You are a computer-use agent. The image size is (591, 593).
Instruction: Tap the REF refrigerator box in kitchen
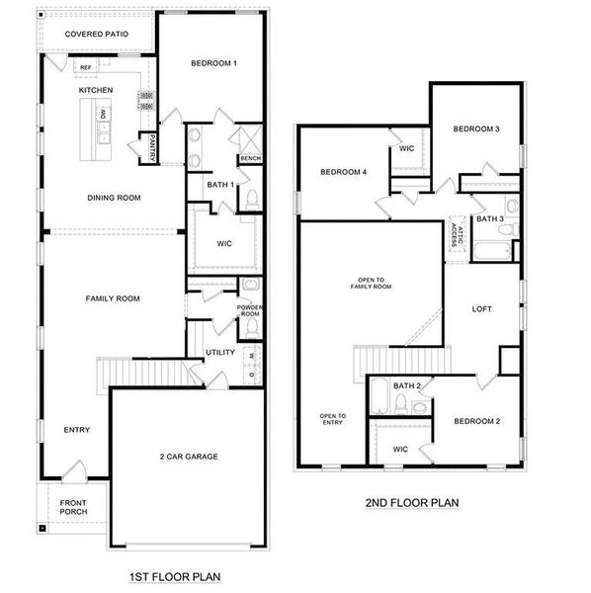point(86,68)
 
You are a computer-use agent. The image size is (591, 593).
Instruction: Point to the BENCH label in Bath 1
point(250,158)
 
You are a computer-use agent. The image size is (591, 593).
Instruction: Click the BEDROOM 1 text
point(213,63)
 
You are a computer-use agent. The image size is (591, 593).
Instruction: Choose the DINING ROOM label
point(114,198)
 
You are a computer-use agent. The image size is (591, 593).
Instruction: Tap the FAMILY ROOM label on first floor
point(113,298)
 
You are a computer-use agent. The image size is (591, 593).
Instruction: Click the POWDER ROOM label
point(249,310)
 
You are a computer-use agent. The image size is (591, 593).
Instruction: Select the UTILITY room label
point(219,353)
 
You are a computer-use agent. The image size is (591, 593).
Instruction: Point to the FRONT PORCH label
point(73,506)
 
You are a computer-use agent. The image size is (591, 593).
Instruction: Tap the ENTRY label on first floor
point(77,430)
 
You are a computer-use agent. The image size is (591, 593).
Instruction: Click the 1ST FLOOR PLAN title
point(175,576)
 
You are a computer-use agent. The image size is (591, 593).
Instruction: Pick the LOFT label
point(481,309)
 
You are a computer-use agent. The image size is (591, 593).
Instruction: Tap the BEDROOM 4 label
point(344,172)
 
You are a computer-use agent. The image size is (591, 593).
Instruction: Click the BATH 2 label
point(406,385)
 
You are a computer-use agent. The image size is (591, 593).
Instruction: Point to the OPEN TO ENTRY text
point(332,419)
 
